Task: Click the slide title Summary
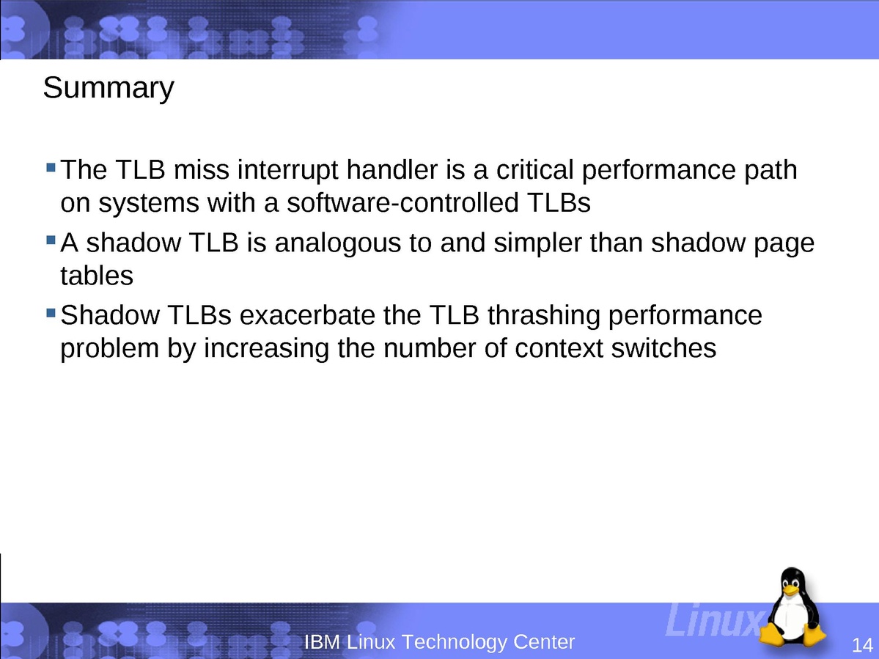(109, 89)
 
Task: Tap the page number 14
(862, 644)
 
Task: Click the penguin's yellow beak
(790, 590)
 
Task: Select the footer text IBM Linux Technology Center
(440, 641)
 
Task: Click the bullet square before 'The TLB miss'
(51, 167)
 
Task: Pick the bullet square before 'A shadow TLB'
(51, 240)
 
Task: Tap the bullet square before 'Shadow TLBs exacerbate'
(51, 313)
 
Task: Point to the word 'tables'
(97, 276)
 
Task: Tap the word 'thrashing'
(544, 316)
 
